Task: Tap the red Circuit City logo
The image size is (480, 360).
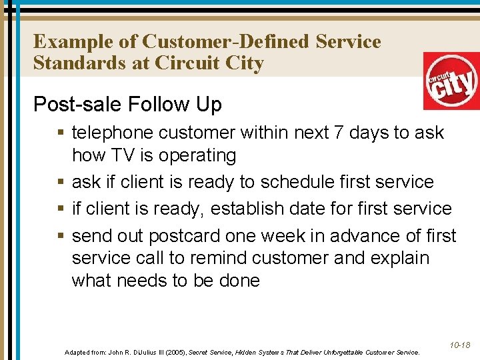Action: pos(451,81)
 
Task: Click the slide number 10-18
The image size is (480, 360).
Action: pos(459,345)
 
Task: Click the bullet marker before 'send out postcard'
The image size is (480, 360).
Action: pos(61,236)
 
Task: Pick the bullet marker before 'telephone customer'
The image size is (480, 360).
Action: pos(61,133)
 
